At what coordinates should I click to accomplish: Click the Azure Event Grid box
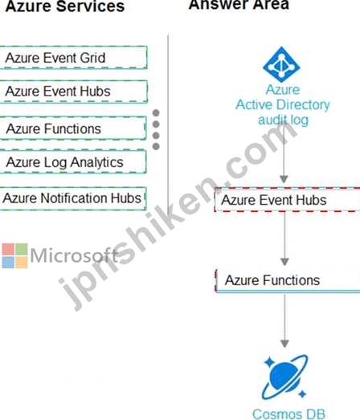(x=73, y=58)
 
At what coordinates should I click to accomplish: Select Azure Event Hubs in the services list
(x=73, y=92)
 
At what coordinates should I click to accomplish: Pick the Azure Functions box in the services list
(x=72, y=128)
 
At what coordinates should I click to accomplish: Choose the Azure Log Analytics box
(x=72, y=161)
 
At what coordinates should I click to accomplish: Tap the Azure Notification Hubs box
(x=72, y=198)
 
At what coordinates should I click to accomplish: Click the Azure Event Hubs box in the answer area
(x=287, y=200)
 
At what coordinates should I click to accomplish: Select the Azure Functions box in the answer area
(x=288, y=280)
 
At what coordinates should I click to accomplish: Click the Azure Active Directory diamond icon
(x=281, y=64)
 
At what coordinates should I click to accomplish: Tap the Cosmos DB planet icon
(x=284, y=377)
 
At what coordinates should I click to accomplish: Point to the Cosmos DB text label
(x=288, y=414)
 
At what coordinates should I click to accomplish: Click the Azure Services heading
(x=65, y=6)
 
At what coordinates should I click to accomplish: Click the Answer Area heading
(x=239, y=5)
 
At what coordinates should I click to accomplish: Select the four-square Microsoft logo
(x=14, y=255)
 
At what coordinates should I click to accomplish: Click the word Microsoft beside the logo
(x=74, y=255)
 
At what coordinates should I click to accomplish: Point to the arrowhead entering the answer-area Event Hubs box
(x=284, y=179)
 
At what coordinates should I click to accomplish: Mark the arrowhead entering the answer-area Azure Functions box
(x=284, y=262)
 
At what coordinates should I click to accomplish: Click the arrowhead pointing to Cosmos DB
(x=284, y=344)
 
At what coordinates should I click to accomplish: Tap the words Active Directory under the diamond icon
(x=283, y=104)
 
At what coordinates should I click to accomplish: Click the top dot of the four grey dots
(x=156, y=113)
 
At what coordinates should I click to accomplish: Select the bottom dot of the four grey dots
(x=156, y=146)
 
